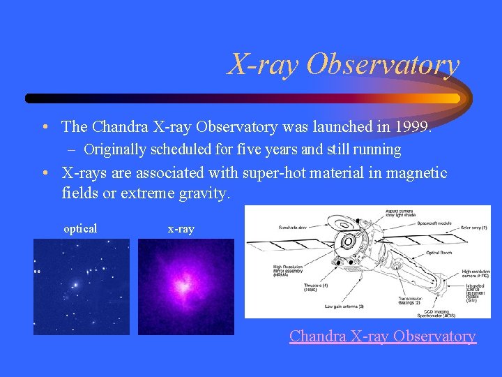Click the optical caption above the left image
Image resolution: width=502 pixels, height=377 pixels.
(x=80, y=229)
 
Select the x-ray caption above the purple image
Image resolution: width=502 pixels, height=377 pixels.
(x=181, y=229)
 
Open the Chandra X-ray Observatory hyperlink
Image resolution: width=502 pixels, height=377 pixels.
(x=382, y=336)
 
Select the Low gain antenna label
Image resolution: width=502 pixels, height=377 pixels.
(x=344, y=306)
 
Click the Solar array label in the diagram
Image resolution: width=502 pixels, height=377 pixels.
(x=474, y=228)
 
